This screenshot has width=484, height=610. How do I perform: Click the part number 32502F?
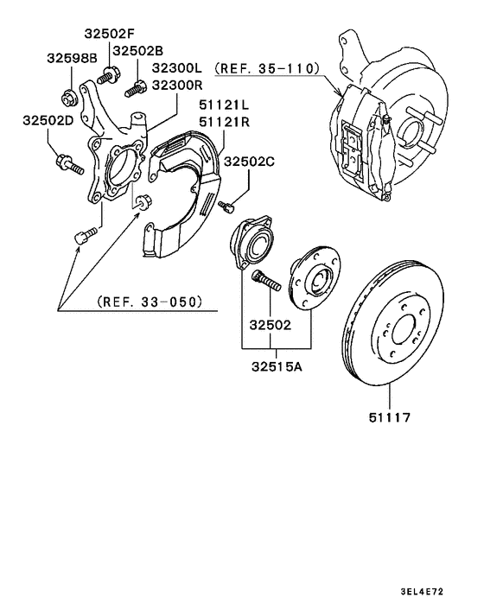click(x=110, y=35)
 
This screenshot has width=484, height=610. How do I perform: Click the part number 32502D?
click(x=48, y=121)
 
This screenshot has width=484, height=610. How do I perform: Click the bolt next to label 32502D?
click(x=67, y=162)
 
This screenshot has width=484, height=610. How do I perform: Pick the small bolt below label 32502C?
click(x=227, y=206)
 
